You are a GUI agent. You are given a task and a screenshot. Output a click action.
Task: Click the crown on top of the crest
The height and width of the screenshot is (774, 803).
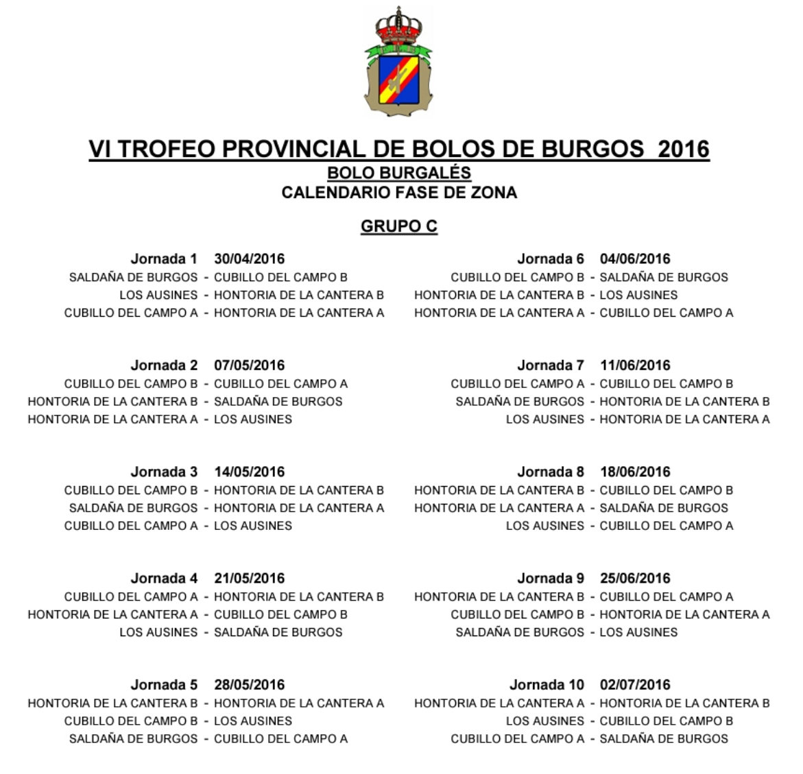tap(398, 26)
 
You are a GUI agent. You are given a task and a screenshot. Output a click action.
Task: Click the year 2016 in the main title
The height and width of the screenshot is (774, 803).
tap(683, 149)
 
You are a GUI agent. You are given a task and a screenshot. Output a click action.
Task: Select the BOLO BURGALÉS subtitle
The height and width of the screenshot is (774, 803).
tap(399, 172)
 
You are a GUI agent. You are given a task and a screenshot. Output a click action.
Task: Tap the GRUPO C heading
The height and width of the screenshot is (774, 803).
tap(399, 226)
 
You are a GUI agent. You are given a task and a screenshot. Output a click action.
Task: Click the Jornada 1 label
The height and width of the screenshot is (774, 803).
tap(163, 258)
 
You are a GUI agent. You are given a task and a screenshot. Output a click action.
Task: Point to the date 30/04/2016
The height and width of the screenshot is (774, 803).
tap(249, 258)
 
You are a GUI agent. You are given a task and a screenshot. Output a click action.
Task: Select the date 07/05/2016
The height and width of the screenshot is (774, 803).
tap(249, 365)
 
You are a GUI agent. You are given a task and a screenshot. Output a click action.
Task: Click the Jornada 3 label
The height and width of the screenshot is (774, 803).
tap(163, 472)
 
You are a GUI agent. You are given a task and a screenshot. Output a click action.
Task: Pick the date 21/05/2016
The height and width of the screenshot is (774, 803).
tap(249, 578)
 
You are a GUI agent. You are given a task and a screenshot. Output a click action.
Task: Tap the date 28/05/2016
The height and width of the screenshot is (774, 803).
tap(249, 684)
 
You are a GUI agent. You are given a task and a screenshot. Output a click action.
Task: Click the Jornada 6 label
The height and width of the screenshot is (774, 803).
tap(550, 258)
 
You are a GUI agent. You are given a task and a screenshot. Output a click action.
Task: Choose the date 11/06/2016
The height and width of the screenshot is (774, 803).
tap(635, 365)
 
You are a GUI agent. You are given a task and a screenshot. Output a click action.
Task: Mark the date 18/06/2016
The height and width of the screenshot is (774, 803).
tap(635, 472)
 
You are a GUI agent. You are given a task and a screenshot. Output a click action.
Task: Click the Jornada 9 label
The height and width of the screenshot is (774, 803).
tap(550, 578)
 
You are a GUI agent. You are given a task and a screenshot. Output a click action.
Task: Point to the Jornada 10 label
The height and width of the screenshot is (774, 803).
tap(547, 684)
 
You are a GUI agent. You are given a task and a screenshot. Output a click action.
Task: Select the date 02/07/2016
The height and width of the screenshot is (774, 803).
tap(635, 684)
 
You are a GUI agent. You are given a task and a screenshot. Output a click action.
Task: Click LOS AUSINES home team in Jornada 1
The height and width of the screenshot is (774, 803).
tap(158, 295)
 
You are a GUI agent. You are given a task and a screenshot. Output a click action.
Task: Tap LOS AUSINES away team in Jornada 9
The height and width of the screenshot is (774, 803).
tap(638, 632)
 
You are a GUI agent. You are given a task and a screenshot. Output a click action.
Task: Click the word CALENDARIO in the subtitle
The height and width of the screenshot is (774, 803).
tap(335, 193)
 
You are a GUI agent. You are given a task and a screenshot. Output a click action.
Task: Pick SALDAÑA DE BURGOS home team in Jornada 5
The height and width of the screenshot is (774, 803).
tap(133, 738)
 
